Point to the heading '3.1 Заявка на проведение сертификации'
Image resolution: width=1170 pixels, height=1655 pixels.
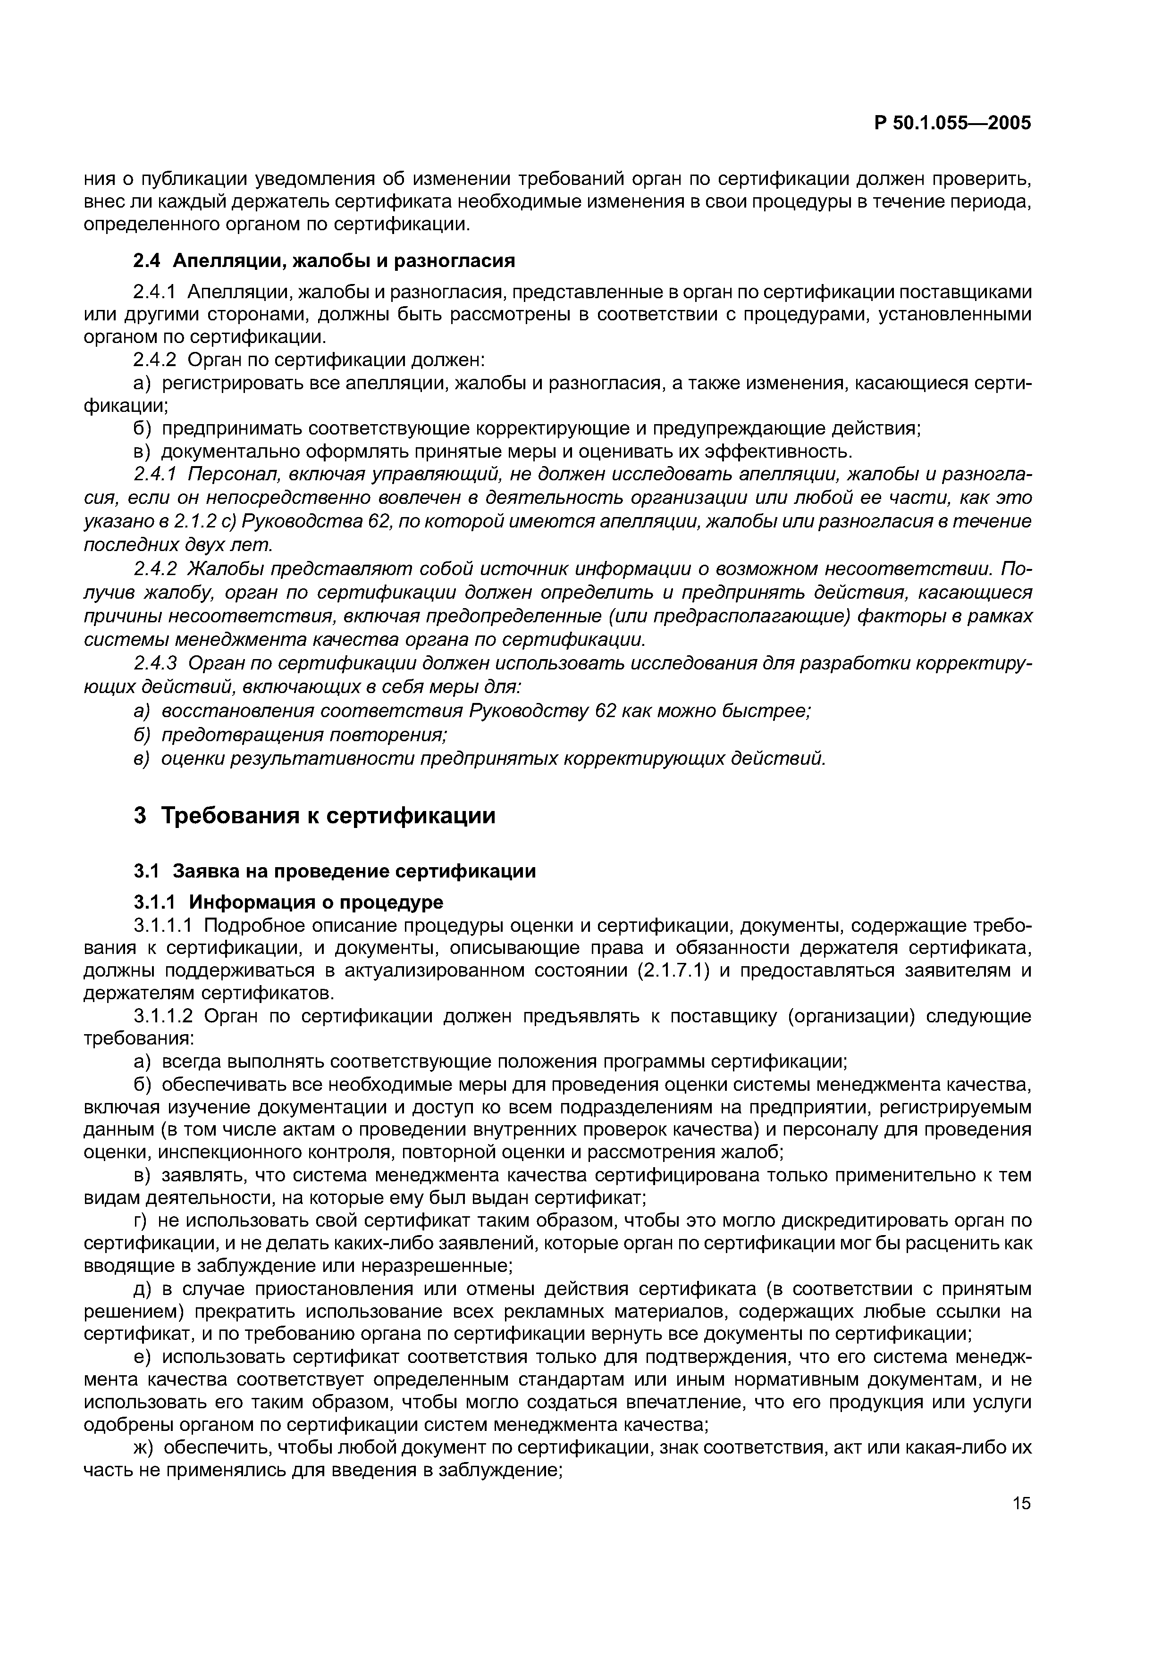[335, 871]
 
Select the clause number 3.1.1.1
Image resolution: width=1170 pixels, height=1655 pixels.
[164, 925]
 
